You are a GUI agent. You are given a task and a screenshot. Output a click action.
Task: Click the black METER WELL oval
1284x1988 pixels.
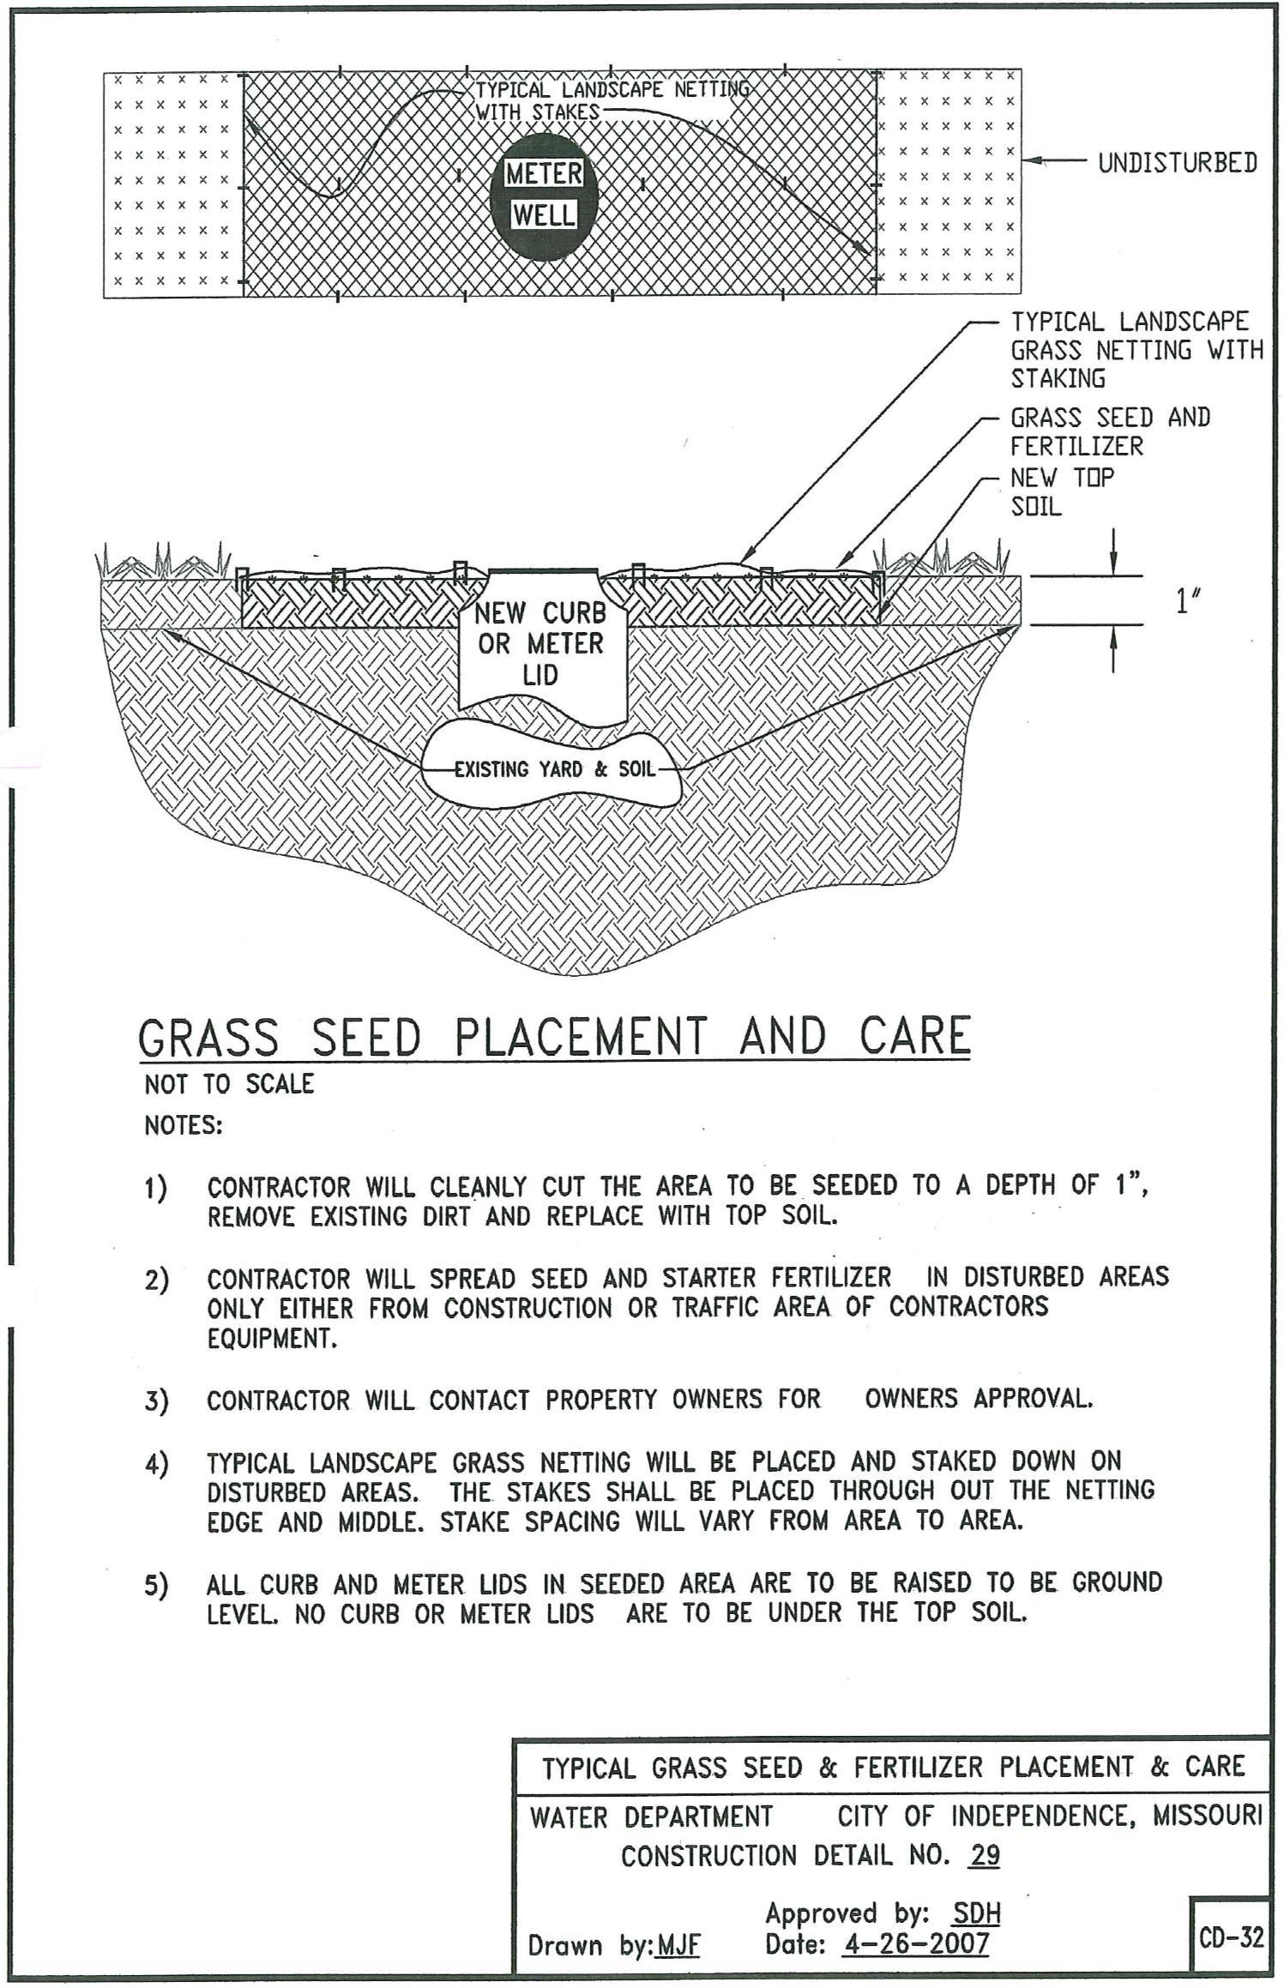pyautogui.click(x=542, y=196)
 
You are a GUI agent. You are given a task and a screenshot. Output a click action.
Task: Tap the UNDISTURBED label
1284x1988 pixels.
pyautogui.click(x=1177, y=163)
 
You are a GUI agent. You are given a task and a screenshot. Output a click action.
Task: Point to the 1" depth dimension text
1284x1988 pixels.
pyautogui.click(x=1187, y=602)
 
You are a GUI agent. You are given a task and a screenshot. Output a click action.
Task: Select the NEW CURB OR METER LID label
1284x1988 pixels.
pyautogui.click(x=540, y=643)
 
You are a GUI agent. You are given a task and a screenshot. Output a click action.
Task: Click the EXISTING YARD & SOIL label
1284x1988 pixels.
pyautogui.click(x=554, y=769)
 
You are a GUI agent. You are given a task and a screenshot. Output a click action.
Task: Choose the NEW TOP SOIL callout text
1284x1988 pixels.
pyautogui.click(x=1062, y=491)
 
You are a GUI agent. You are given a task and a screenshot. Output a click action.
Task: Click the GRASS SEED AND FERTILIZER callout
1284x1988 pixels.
pyautogui.click(x=1110, y=431)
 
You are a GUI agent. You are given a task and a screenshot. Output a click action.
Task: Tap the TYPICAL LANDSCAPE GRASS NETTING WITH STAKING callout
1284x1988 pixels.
pyautogui.click(x=1136, y=350)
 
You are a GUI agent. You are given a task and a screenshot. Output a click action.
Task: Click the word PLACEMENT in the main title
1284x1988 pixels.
pyautogui.click(x=581, y=1037)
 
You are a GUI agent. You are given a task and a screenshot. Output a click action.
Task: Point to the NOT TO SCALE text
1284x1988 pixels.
pyautogui.click(x=229, y=1084)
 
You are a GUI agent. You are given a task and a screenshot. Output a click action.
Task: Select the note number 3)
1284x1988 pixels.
pyautogui.click(x=156, y=1402)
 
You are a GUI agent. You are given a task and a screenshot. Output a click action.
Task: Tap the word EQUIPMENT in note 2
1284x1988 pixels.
pyautogui.click(x=272, y=1339)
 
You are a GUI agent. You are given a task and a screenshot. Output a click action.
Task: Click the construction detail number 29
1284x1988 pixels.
pyautogui.click(x=984, y=1857)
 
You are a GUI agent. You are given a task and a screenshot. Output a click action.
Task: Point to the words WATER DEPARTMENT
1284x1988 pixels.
pyautogui.click(x=651, y=1816)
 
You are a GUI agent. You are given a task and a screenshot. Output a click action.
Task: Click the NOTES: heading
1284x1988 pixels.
pyautogui.click(x=183, y=1125)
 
